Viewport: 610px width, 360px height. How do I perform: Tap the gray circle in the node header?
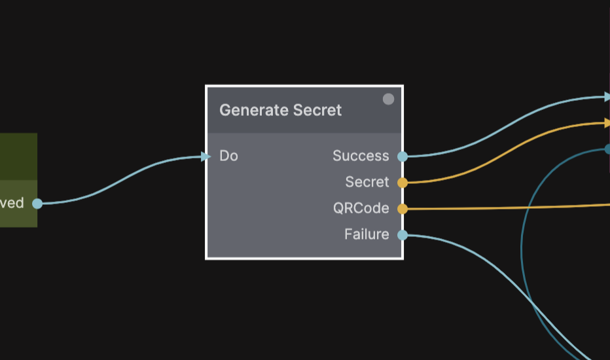tap(388, 99)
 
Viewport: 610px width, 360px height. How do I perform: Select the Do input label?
tap(228, 156)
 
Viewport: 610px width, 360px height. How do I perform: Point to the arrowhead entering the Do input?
tap(206, 156)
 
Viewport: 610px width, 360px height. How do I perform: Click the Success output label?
tap(361, 156)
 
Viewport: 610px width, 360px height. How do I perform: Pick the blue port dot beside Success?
tap(403, 156)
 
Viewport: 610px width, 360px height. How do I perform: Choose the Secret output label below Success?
tap(367, 182)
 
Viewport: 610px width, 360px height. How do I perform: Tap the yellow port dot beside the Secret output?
tap(403, 183)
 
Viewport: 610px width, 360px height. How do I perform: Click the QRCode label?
tap(361, 208)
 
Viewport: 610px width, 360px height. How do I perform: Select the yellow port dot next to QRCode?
tap(403, 209)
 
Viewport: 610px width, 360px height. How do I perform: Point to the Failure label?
tap(367, 234)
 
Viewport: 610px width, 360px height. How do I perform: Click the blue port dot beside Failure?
tap(403, 235)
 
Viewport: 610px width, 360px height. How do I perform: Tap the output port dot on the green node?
tap(37, 204)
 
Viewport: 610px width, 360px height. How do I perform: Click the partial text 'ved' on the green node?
tap(12, 203)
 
